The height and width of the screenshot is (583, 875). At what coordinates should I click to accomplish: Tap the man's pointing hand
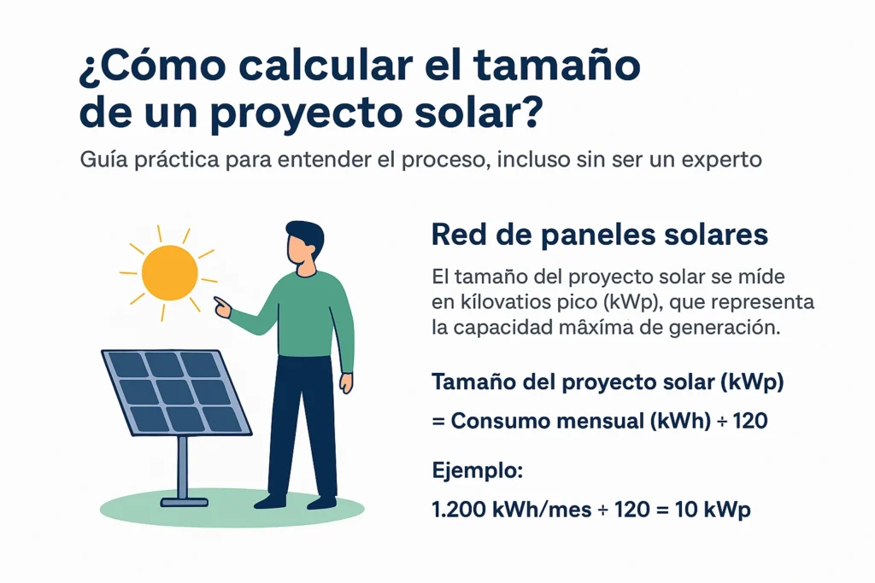223,306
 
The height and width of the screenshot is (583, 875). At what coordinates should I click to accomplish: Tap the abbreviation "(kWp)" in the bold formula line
752,383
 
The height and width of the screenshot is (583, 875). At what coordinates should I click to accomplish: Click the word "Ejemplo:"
477,471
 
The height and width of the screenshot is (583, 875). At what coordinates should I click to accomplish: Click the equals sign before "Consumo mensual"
438,422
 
